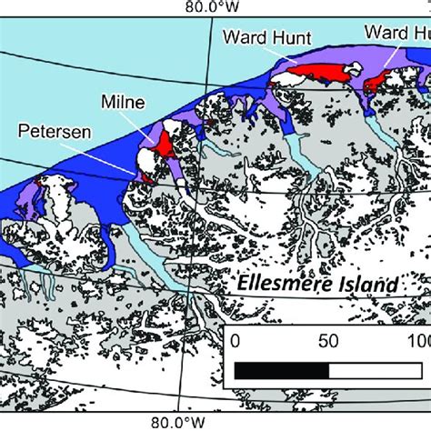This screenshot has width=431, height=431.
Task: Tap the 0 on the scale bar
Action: tap(235, 342)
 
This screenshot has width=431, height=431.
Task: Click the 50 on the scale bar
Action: tap(326, 342)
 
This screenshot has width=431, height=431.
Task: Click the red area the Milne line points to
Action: tap(165, 143)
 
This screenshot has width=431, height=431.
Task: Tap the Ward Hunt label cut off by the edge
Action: tap(396, 33)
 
